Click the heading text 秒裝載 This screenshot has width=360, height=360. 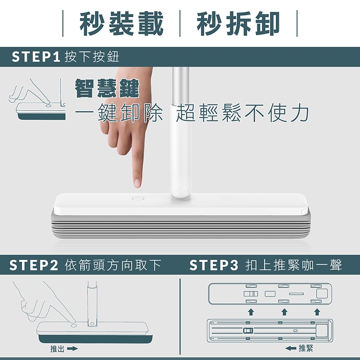point(121,23)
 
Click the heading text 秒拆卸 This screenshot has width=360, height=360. point(238,23)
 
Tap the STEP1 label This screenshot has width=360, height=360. point(36,57)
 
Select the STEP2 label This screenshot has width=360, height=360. point(33,265)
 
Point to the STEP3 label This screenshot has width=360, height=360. point(214,265)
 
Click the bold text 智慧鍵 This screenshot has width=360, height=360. point(107,88)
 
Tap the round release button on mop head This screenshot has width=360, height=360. point(138,198)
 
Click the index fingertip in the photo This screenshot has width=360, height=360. point(137,183)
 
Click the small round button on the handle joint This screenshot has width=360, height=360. point(181,191)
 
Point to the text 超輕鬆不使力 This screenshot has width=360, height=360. point(243,113)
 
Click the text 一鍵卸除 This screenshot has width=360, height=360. point(119,113)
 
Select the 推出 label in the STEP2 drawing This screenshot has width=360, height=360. point(57,349)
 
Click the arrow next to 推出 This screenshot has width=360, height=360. point(72,349)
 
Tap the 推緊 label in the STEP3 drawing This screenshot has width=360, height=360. point(306,348)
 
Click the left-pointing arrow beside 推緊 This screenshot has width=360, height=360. point(291,348)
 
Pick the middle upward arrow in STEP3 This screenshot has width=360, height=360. point(284,312)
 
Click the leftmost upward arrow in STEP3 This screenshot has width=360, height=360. point(251,312)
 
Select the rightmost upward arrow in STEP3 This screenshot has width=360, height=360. point(317,312)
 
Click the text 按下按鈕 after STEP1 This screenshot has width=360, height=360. point(92,57)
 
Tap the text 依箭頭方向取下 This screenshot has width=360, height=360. point(113,265)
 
